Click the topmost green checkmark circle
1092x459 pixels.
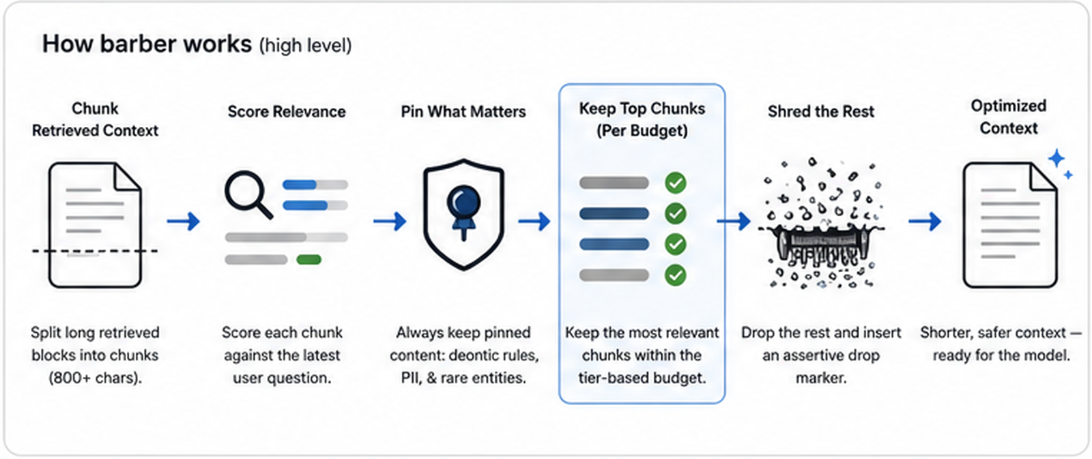tap(675, 183)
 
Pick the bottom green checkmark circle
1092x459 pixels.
tap(675, 276)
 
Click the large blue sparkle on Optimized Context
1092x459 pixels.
tap(1057, 158)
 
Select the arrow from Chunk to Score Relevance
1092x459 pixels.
tap(184, 221)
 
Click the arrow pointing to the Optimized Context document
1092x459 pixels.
tap(925, 221)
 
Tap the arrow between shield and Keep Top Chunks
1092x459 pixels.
tap(534, 221)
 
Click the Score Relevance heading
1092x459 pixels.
tap(287, 112)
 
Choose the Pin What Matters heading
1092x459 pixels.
tap(463, 112)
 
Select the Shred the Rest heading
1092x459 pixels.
tap(821, 112)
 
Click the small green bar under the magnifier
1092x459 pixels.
tap(308, 260)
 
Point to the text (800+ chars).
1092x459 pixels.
tap(95, 378)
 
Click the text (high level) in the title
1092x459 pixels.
tap(305, 46)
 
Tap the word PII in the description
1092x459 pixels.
tap(411, 378)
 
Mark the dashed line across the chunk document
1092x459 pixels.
tap(95, 251)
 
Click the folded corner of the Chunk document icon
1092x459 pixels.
tap(127, 177)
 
